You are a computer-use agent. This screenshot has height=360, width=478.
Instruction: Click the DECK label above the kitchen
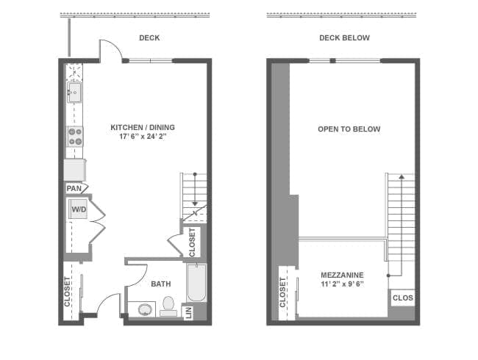click(149, 37)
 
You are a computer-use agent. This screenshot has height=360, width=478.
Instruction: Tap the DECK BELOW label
click(344, 37)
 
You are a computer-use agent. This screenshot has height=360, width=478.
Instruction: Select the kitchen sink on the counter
click(74, 93)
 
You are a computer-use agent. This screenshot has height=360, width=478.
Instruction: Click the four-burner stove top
click(75, 137)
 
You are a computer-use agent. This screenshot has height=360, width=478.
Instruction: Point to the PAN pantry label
click(74, 189)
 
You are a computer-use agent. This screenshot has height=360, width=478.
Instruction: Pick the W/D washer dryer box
click(79, 209)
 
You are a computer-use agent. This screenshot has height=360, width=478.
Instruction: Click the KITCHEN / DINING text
click(143, 127)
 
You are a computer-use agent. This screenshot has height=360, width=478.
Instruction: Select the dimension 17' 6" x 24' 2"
click(143, 136)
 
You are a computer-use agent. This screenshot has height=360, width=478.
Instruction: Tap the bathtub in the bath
click(196, 283)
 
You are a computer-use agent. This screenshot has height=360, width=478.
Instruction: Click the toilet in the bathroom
click(168, 306)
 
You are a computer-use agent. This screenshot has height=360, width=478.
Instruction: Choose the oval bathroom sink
click(145, 309)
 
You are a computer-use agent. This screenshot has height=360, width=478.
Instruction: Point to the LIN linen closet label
click(189, 313)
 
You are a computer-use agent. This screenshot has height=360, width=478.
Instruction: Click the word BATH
click(161, 284)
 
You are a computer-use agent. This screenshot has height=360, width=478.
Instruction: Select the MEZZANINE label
click(342, 275)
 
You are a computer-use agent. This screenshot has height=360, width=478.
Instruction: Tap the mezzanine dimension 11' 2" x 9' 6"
click(342, 284)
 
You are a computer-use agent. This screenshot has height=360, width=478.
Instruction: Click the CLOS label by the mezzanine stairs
click(403, 298)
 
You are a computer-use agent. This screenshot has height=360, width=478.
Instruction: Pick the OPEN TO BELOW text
click(349, 129)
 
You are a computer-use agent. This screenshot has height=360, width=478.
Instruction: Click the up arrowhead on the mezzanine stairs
click(402, 176)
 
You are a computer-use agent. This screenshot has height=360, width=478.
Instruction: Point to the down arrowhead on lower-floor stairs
click(195, 204)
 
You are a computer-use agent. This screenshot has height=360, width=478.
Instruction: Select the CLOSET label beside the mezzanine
click(282, 292)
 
